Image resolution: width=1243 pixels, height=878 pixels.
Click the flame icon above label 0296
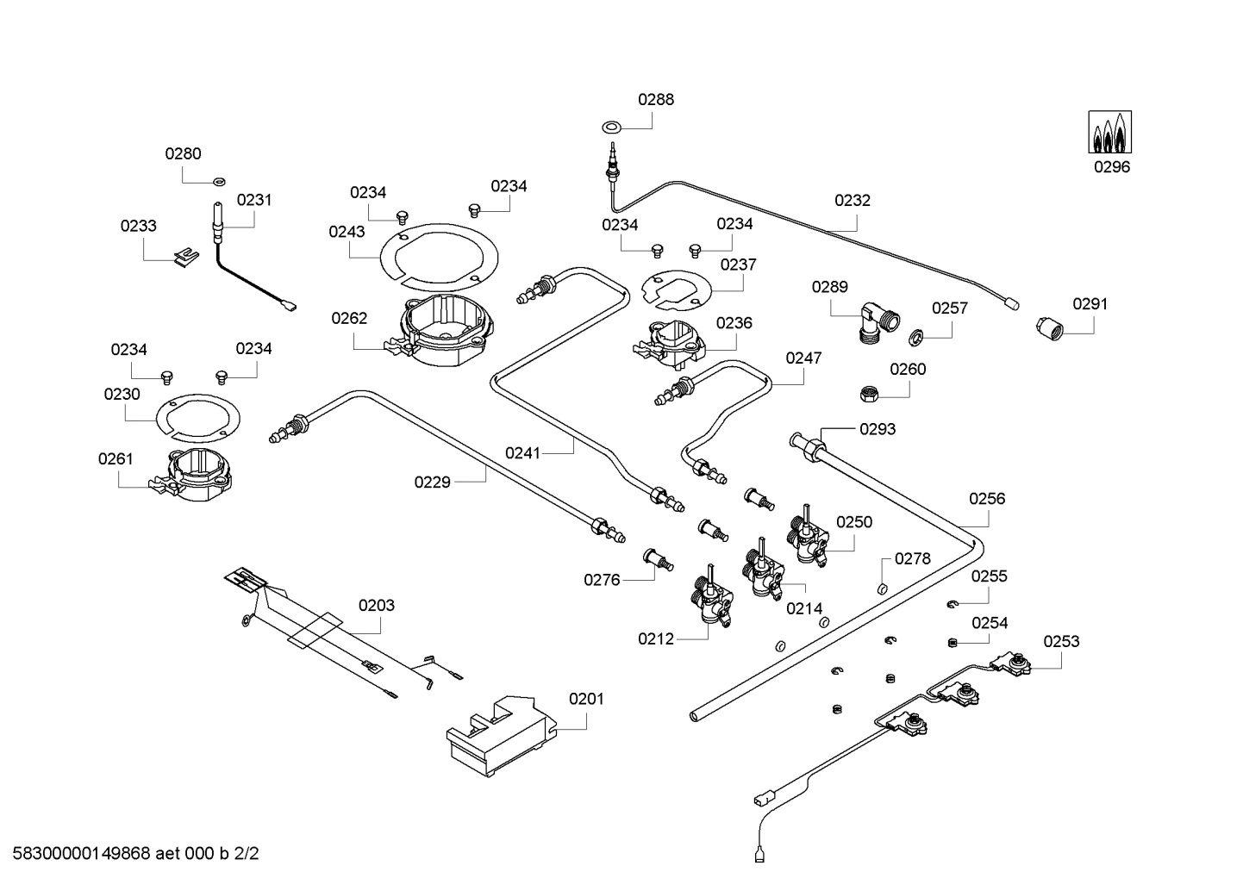coord(1110,132)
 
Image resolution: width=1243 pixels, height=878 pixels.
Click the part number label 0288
coord(656,100)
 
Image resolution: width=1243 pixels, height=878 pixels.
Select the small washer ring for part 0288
coord(611,127)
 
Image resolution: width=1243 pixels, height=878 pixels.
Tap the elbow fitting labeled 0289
coord(879,322)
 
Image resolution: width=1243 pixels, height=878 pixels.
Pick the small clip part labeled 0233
coord(185,257)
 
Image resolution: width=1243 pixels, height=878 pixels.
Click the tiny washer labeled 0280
coord(219,181)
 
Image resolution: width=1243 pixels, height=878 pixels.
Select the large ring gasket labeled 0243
coord(439,258)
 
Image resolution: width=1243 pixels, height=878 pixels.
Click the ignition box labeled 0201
coord(502,735)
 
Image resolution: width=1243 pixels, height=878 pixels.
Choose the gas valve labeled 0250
coord(808,536)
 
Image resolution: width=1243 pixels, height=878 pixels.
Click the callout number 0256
coord(987,499)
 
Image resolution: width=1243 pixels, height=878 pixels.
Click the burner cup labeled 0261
coord(192,475)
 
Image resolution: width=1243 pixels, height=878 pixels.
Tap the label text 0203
coord(376,605)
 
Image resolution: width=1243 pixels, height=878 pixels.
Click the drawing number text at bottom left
coord(136,853)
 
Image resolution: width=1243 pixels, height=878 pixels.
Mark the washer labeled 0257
coord(915,337)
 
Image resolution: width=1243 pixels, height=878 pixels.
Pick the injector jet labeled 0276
coord(658,558)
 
